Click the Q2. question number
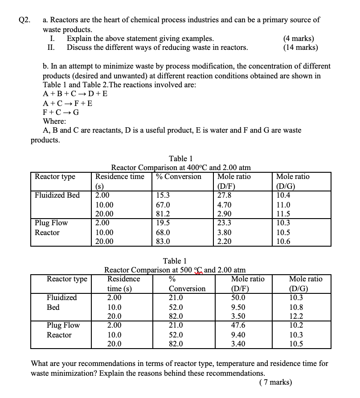click(x=25, y=20)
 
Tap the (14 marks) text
click(x=300, y=48)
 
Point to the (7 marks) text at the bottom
click(x=276, y=382)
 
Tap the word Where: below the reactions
click(x=54, y=122)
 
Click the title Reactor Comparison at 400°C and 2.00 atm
click(x=180, y=168)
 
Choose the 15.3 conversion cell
click(x=163, y=195)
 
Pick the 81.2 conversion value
click(x=163, y=214)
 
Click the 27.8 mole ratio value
click(x=224, y=195)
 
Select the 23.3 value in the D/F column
click(x=224, y=223)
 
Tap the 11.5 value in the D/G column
click(x=283, y=214)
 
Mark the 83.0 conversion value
click(x=163, y=241)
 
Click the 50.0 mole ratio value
click(x=238, y=297)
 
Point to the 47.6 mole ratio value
click(x=238, y=325)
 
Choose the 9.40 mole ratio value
click(x=238, y=335)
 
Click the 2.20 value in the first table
click(x=224, y=241)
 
